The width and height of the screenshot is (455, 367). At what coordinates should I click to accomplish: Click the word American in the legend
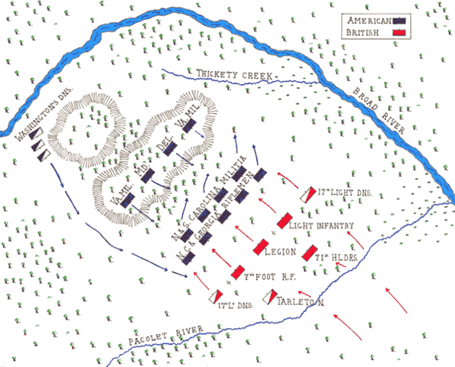pos(371,20)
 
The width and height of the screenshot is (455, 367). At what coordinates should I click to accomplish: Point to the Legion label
pos(281,250)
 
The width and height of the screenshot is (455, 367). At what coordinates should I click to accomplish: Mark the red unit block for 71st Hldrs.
pos(310,254)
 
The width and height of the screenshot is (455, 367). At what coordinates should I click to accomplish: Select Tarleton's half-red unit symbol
pos(270,296)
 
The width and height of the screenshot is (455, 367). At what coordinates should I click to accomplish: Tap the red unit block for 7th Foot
pos(238,272)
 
